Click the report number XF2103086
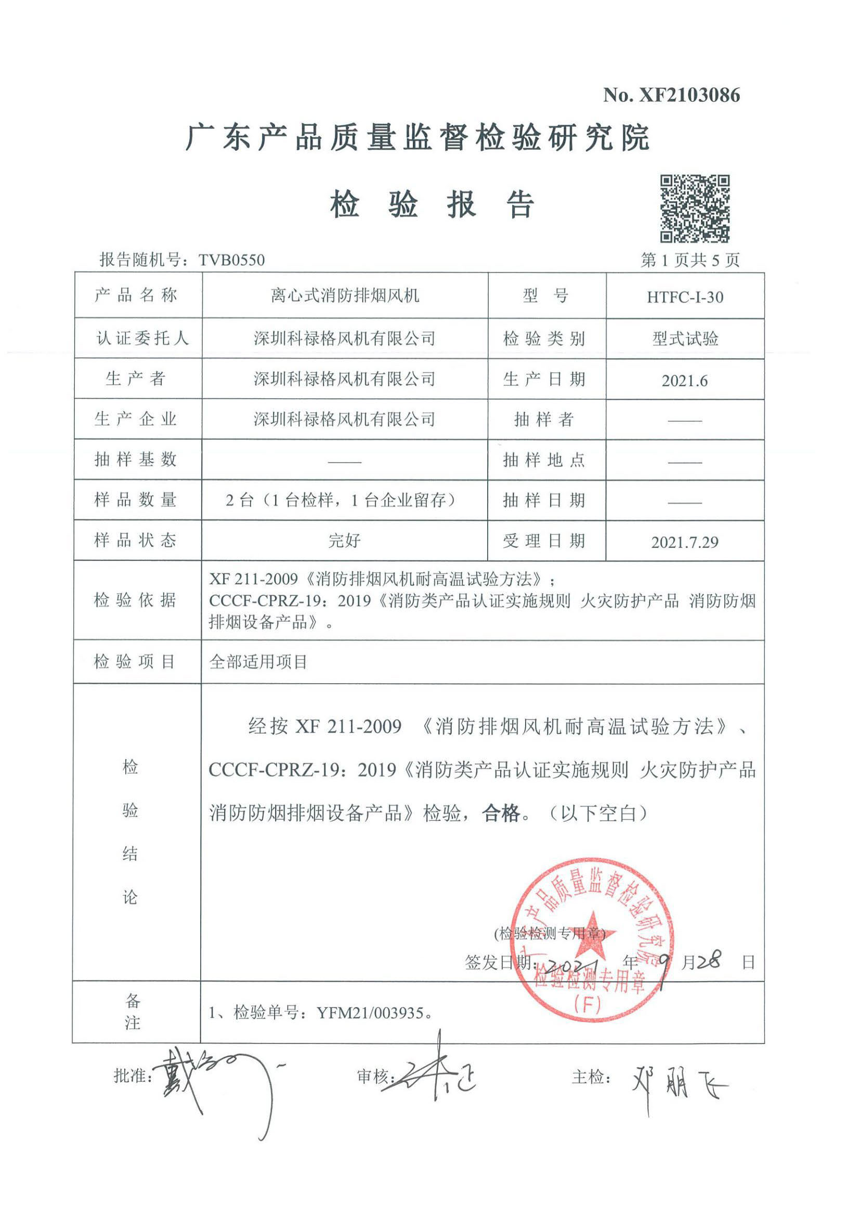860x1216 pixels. coord(689,95)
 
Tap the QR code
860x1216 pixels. coord(694,208)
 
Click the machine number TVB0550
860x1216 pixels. coord(231,260)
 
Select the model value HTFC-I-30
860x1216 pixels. coord(685,297)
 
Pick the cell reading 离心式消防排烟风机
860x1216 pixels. coord(345,296)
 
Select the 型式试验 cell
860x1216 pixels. coord(685,339)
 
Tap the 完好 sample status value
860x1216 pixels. coord(345,541)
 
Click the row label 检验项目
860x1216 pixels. coord(135,661)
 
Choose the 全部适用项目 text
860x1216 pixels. coord(258,662)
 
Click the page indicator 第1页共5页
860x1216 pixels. coord(690,260)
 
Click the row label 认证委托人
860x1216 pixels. coord(142,338)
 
